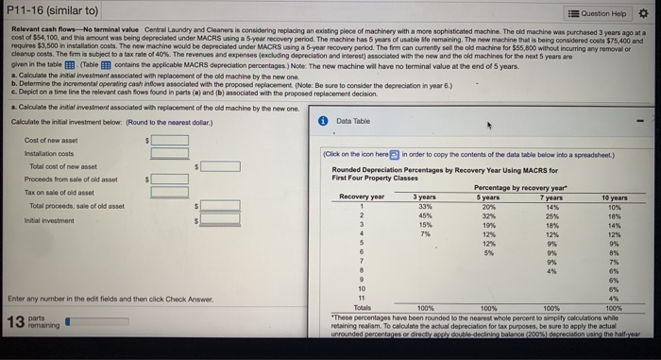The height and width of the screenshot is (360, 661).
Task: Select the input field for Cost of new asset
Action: [169, 140]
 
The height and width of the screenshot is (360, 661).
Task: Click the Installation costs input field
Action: [169, 152]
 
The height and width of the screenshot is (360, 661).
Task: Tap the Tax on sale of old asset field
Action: [169, 192]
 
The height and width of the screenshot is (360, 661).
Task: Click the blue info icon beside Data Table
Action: [321, 121]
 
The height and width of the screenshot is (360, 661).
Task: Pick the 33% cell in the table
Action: [425, 206]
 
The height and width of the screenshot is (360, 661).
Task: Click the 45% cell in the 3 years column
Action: [425, 216]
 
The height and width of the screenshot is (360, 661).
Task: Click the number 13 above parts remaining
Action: [16, 322]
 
